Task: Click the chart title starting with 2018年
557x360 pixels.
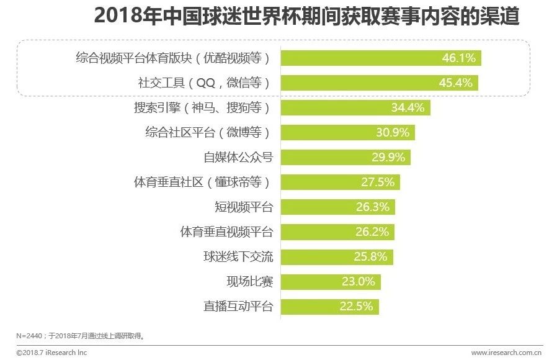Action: [306, 17]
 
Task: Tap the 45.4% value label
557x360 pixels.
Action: [457, 83]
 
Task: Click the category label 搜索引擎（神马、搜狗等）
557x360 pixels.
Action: [203, 107]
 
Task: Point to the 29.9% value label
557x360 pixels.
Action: [389, 158]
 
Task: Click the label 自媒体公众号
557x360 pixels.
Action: [238, 158]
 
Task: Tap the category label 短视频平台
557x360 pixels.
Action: [244, 207]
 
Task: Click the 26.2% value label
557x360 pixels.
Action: [373, 232]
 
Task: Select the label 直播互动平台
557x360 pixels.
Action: [238, 306]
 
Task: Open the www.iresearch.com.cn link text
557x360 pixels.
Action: [506, 353]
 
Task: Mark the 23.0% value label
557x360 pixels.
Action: [359, 281]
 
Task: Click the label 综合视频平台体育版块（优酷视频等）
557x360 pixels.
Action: [173, 58]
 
